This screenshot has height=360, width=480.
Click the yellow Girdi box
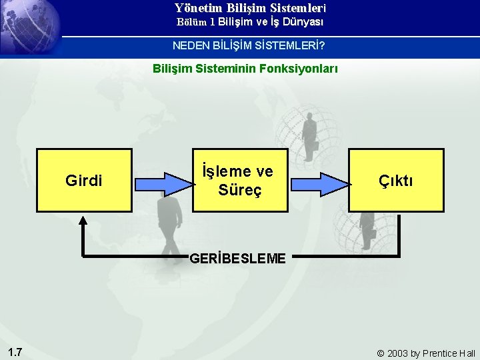pos(84,180)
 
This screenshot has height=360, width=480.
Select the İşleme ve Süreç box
pos(240,180)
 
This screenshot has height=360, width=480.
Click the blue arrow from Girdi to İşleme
pos(162,182)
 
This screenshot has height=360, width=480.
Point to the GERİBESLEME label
pos(238,258)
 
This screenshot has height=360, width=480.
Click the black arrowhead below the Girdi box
pos(83,219)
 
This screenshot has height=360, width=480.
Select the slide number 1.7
pos(16,351)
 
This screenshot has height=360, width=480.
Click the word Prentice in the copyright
pos(439,353)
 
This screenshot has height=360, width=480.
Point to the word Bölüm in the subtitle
pos(192,22)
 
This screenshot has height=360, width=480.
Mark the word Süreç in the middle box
pos(240,189)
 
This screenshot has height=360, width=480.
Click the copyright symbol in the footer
pos(381,353)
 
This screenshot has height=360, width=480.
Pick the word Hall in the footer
pos(467,353)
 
